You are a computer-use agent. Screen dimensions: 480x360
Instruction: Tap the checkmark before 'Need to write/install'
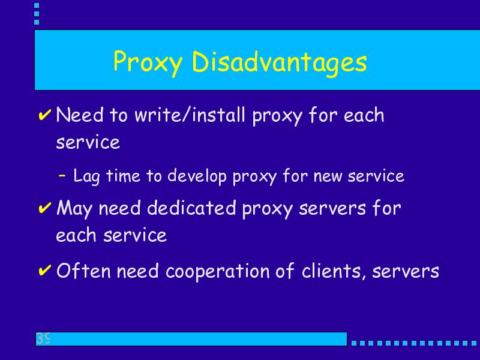pyautogui.click(x=44, y=115)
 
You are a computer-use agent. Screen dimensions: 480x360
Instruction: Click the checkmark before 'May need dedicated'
pyautogui.click(x=44, y=208)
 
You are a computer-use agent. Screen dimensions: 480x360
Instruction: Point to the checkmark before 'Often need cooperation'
pyautogui.click(x=44, y=271)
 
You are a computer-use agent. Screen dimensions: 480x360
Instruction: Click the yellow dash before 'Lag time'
pyautogui.click(x=62, y=175)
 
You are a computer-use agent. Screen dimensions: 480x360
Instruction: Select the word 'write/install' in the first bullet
pyautogui.click(x=190, y=115)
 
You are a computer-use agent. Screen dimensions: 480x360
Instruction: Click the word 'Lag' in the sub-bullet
pyautogui.click(x=86, y=176)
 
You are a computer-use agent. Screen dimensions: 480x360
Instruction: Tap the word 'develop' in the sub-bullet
pyautogui.click(x=197, y=176)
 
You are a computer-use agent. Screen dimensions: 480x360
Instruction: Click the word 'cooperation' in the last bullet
pyautogui.click(x=217, y=271)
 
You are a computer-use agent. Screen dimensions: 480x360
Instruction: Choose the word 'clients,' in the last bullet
pyautogui.click(x=334, y=271)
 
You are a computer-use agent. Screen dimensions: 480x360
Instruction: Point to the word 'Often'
pyautogui.click(x=83, y=271)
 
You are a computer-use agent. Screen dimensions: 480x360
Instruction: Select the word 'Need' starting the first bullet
pyautogui.click(x=80, y=115)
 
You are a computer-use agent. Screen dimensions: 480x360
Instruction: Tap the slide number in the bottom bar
pyautogui.click(x=43, y=338)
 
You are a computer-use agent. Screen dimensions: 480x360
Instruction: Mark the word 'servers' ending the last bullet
pyautogui.click(x=406, y=272)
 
